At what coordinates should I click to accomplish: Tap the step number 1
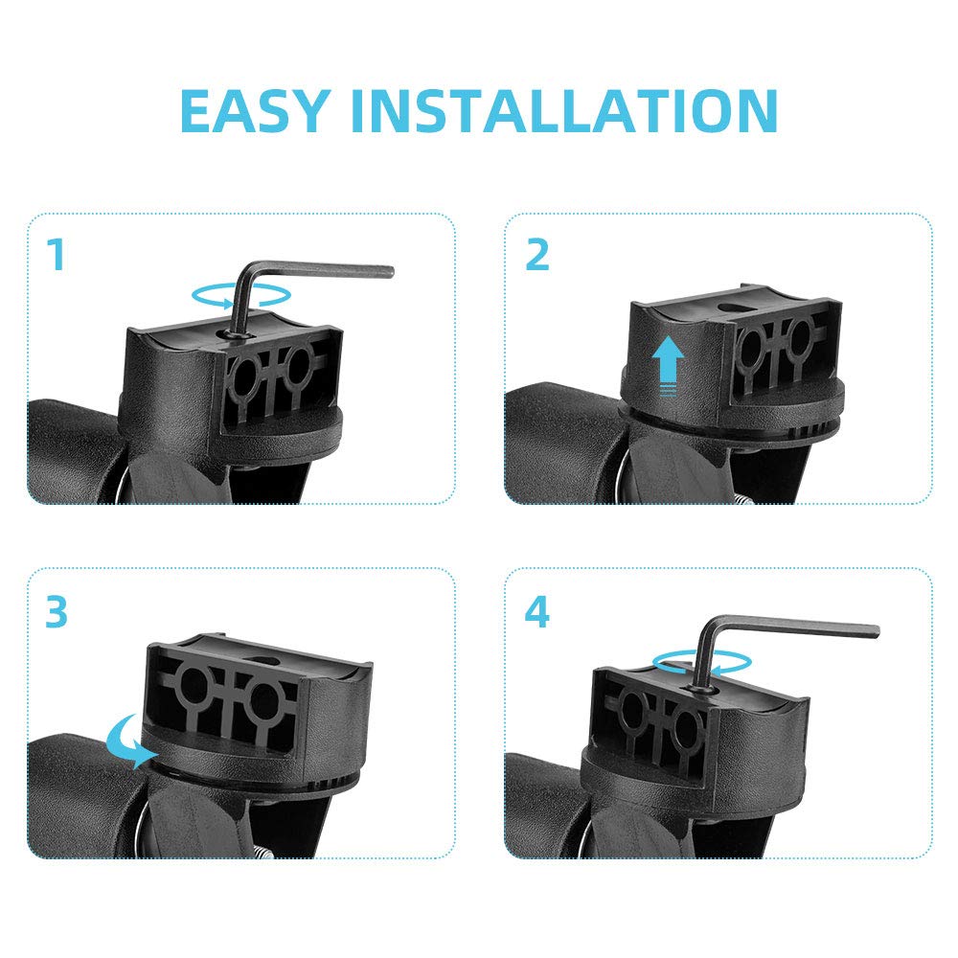[57, 254]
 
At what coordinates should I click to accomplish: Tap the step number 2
[537, 254]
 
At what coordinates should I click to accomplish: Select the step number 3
[57, 612]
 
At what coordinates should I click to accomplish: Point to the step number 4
[537, 612]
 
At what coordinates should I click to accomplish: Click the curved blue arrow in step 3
[129, 741]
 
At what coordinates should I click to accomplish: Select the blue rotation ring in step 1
[240, 295]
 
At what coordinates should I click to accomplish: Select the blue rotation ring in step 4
[702, 662]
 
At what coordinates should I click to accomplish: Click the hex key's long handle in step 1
[324, 269]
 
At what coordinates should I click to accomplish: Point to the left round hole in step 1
[241, 376]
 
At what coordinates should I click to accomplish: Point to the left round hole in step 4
[631, 711]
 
